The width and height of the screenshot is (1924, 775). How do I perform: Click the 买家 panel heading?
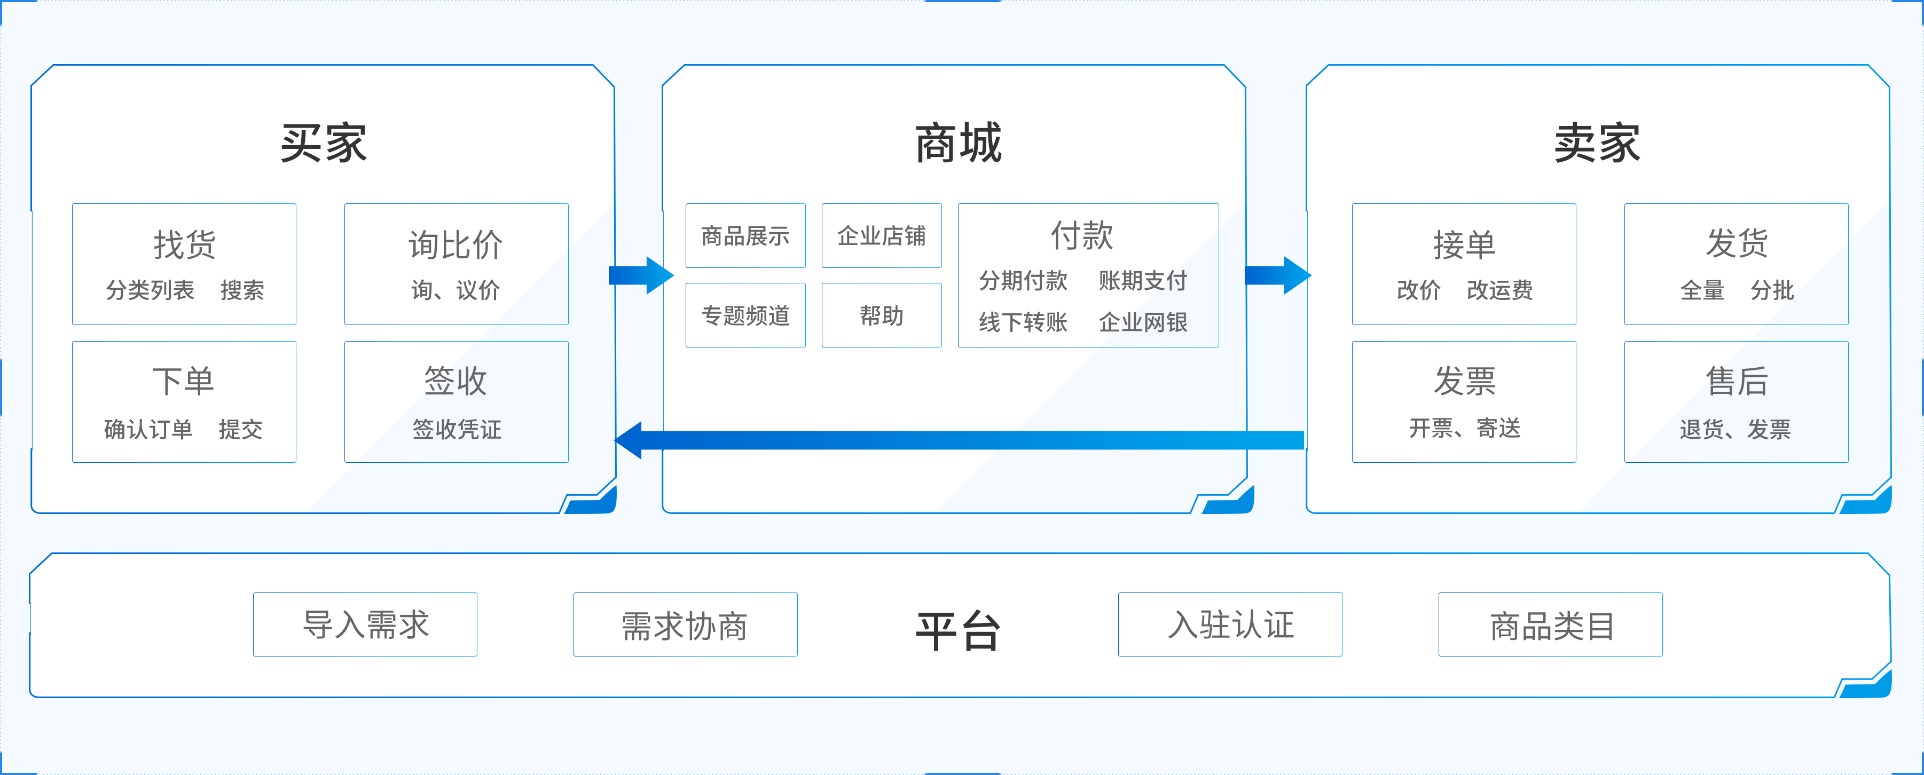(324, 143)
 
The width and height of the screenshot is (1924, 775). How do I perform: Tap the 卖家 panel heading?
(1597, 143)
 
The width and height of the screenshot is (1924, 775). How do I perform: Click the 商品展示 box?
(745, 236)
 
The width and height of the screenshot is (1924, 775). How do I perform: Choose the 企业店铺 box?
(881, 236)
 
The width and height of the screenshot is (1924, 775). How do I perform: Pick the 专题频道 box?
(745, 315)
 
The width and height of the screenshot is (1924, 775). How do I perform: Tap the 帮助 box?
(881, 315)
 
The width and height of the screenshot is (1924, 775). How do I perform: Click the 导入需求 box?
(365, 624)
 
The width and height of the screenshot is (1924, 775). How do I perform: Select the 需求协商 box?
(685, 624)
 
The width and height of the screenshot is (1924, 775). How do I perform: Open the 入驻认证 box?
(1230, 624)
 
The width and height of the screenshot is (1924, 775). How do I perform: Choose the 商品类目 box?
(1551, 624)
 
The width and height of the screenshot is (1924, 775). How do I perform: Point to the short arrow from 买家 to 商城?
(641, 275)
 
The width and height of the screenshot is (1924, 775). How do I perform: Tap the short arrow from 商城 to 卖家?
(1277, 275)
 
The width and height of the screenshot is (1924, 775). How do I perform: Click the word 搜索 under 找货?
(242, 290)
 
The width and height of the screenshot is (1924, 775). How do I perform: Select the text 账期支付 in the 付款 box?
(1143, 281)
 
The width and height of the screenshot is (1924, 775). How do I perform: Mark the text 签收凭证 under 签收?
(457, 429)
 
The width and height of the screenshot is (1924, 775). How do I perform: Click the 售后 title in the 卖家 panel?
(1737, 382)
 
